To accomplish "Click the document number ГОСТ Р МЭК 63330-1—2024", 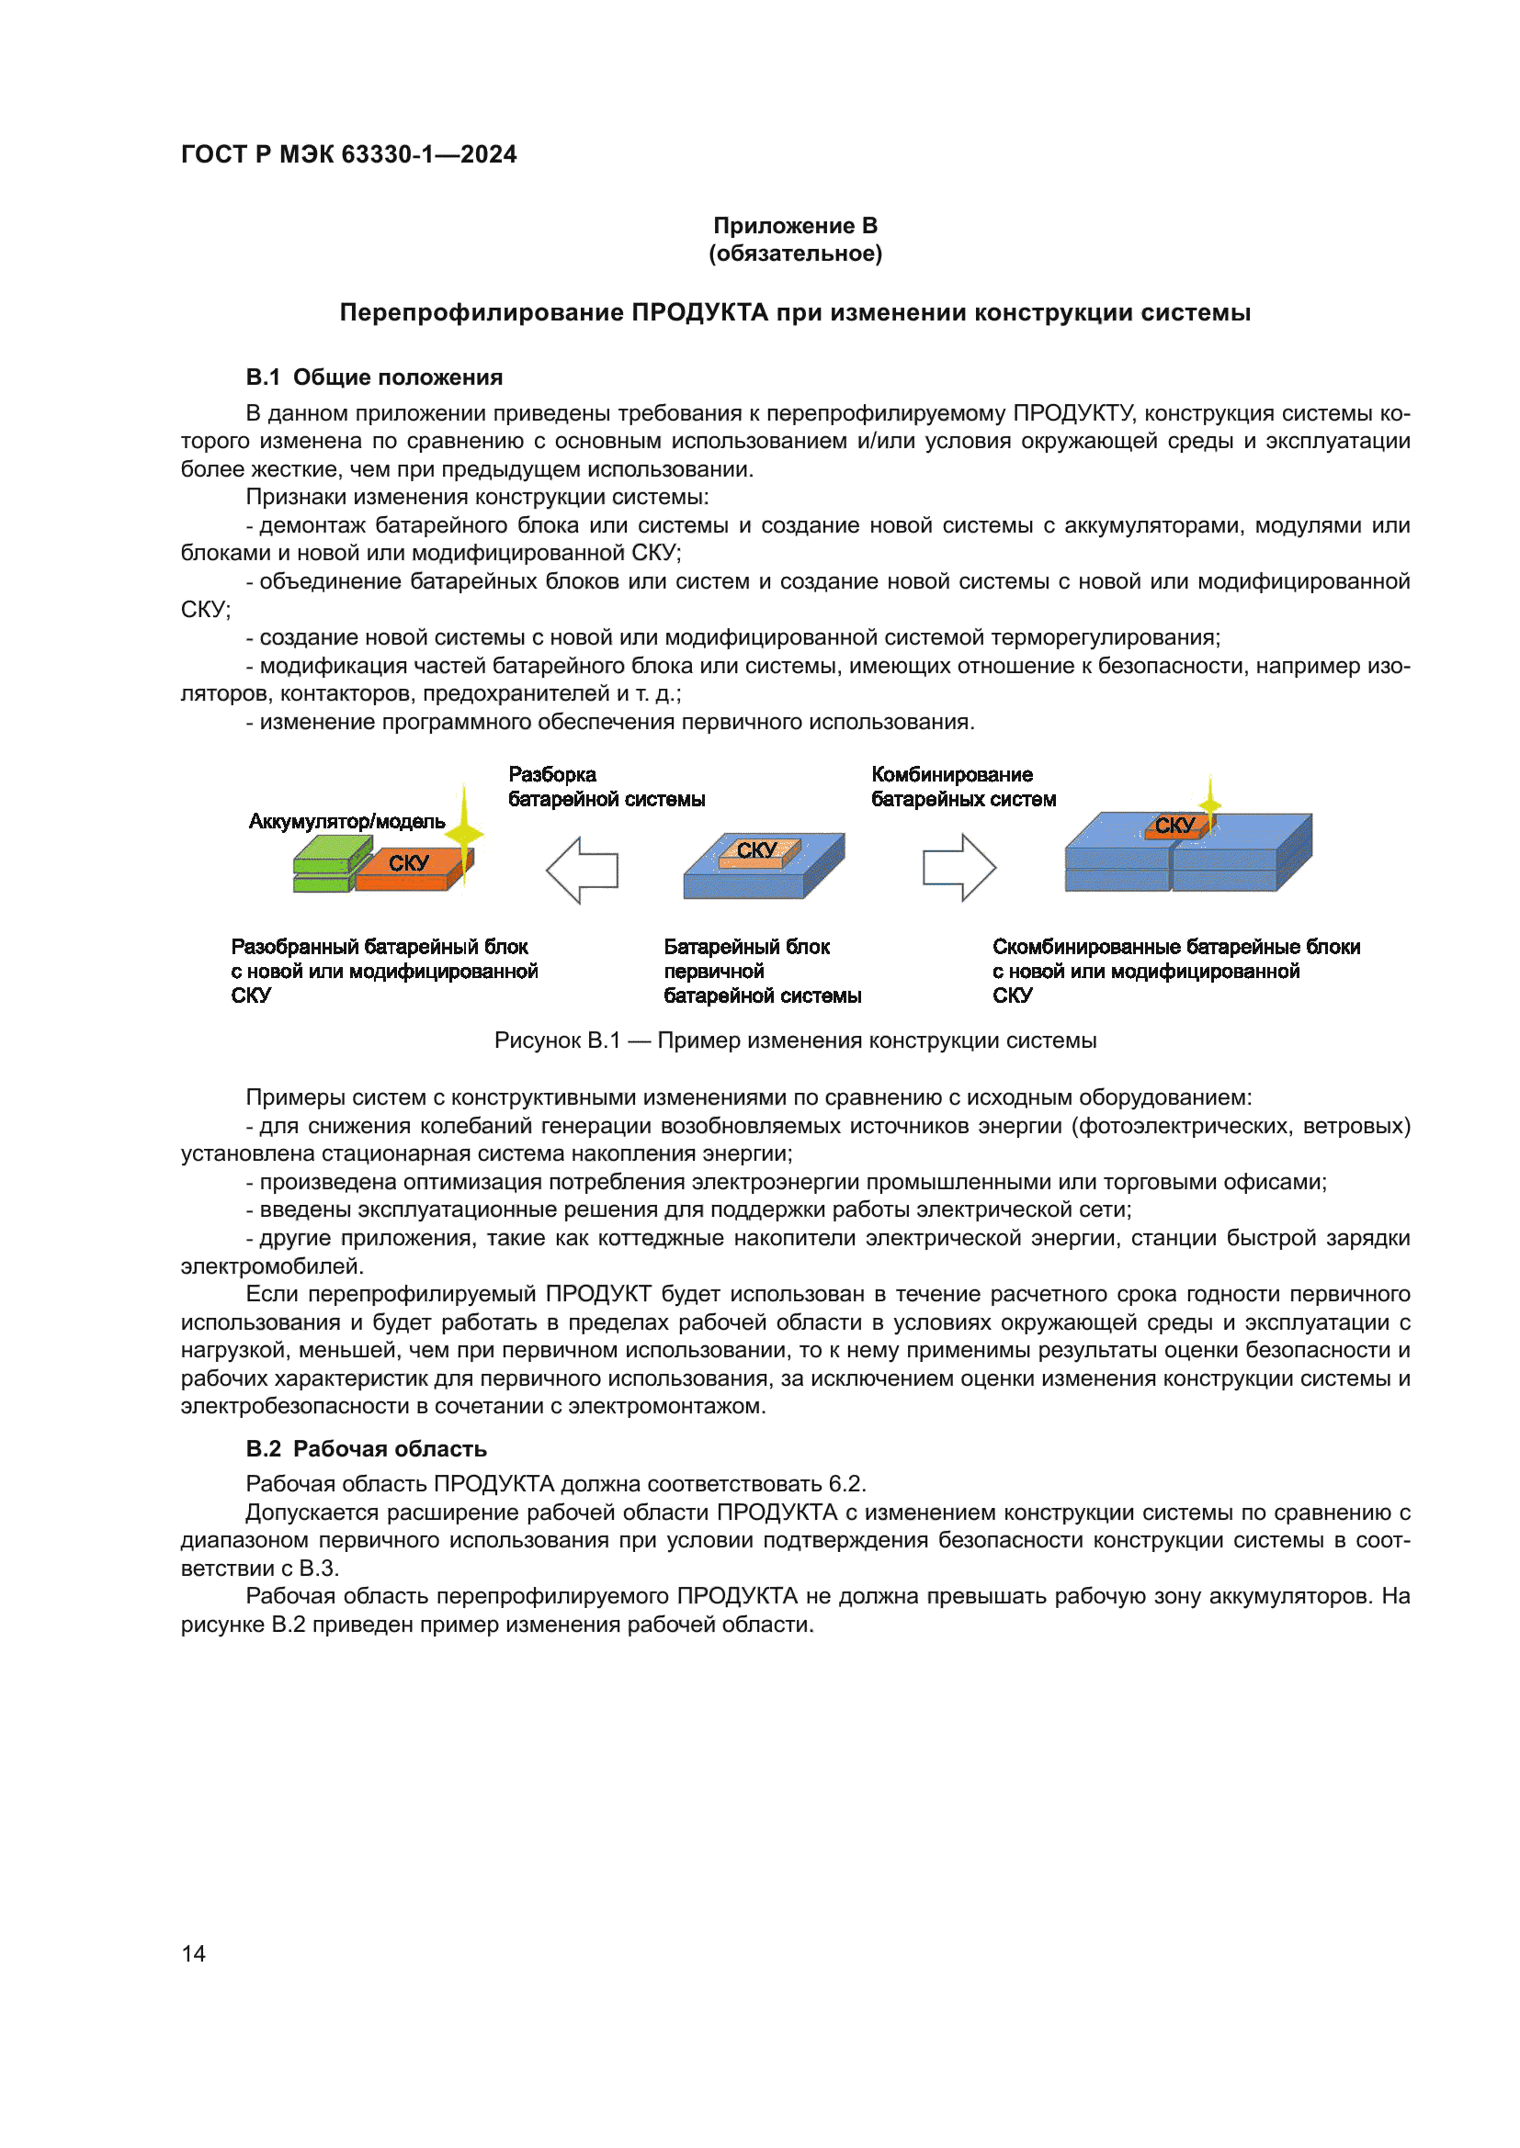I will (x=348, y=154).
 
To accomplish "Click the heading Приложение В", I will (x=795, y=226).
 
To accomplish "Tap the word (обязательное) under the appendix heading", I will (x=795, y=253).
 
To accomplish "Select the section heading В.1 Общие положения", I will (x=373, y=377).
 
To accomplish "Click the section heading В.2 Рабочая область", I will (x=366, y=1448).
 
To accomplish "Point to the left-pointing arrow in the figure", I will (x=581, y=870).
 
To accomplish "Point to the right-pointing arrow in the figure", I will (x=959, y=867).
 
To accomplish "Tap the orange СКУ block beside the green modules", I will (x=409, y=864).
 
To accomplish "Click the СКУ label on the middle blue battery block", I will (x=757, y=849).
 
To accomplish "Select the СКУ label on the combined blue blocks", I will (x=1174, y=826).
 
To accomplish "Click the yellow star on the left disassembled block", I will (x=464, y=830).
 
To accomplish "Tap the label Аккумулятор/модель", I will (x=346, y=821).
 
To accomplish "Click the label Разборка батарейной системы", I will (x=606, y=787).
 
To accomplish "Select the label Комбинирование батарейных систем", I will (x=963, y=787).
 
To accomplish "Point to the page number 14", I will (x=194, y=1953).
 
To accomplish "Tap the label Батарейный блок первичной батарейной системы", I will (x=762, y=971).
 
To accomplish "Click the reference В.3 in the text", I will (x=318, y=1568).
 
